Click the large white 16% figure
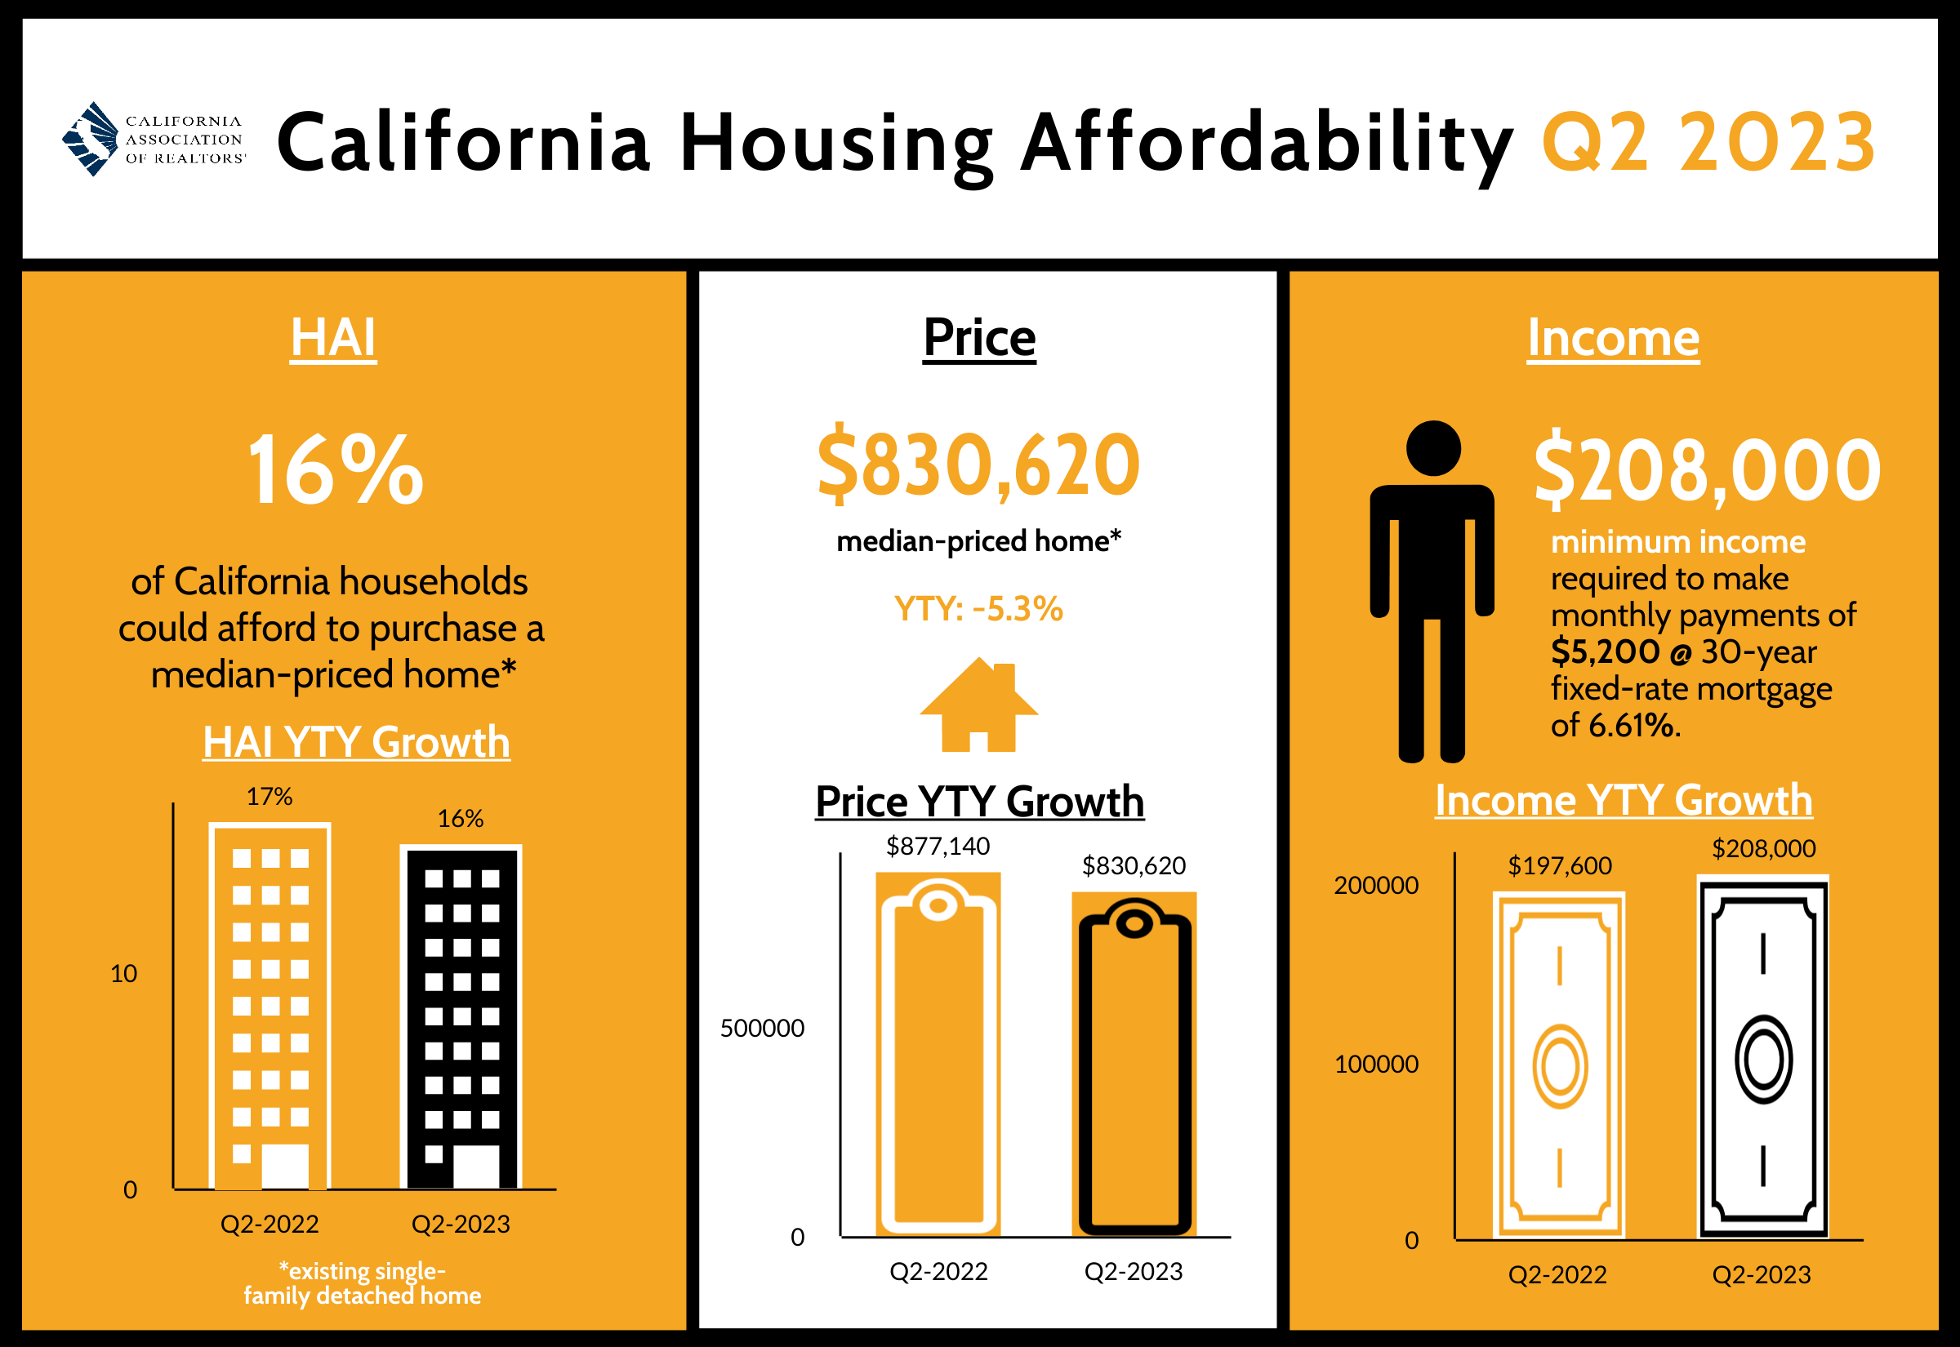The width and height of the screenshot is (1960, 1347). [334, 469]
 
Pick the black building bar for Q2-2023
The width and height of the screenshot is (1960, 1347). [461, 1017]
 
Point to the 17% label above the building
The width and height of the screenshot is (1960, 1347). [269, 797]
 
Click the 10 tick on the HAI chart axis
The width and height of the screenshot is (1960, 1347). [123, 974]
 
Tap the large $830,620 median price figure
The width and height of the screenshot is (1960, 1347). [978, 465]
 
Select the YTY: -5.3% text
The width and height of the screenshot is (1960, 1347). [978, 609]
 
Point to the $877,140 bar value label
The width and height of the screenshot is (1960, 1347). [938, 846]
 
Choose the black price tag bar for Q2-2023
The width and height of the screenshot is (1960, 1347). [1134, 1065]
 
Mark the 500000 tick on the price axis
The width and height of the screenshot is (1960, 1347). [761, 1028]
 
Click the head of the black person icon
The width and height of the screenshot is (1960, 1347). [1433, 448]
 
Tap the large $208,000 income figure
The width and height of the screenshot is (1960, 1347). [1706, 469]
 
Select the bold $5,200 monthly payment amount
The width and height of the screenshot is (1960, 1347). [1605, 652]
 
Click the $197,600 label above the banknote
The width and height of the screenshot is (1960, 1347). [1560, 865]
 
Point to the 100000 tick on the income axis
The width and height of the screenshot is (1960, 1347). [1376, 1065]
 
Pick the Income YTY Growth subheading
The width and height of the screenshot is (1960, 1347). [1624, 800]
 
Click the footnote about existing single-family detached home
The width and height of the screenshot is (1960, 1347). [362, 1283]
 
